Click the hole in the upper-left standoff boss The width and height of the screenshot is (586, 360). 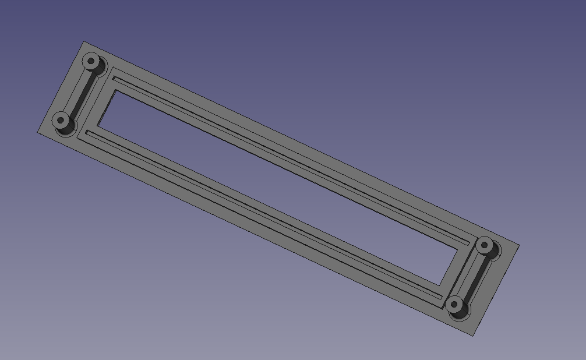(x=90, y=60)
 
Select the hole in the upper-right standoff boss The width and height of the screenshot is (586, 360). (x=483, y=245)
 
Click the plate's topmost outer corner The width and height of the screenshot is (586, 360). (x=84, y=41)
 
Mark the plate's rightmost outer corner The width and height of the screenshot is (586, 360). (x=519, y=245)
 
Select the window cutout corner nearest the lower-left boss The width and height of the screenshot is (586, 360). (x=97, y=126)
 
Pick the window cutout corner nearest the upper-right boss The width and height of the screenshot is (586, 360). (x=458, y=250)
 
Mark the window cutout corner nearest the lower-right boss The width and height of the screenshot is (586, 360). (x=440, y=285)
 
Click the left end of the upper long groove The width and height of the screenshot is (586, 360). (x=114, y=75)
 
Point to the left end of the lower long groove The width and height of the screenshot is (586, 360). (x=87, y=132)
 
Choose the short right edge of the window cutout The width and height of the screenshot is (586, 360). (x=449, y=268)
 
